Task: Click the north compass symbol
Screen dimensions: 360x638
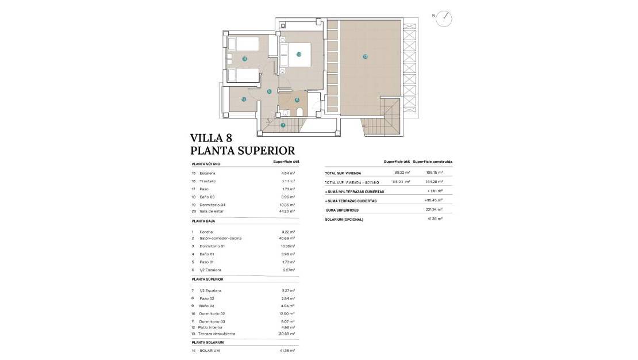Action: click(x=443, y=20)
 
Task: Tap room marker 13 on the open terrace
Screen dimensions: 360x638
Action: click(x=365, y=56)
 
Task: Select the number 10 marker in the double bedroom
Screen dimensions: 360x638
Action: click(x=299, y=55)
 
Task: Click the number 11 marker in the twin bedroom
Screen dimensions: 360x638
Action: click(x=244, y=59)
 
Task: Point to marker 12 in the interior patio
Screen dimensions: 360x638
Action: click(x=244, y=99)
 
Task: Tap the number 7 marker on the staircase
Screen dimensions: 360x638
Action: click(x=283, y=125)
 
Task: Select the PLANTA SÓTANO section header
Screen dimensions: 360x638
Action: click(x=206, y=164)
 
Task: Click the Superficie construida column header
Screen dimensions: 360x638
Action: click(x=432, y=162)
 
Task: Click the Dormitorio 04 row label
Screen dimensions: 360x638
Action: click(x=212, y=205)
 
